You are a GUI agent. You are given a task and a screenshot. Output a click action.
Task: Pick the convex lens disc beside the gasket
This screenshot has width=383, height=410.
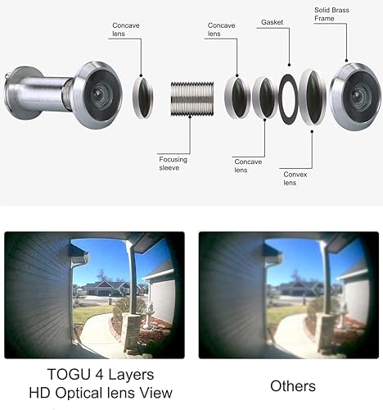tap(313, 97)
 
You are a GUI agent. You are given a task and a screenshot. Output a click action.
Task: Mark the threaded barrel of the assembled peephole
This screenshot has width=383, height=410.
tap(45, 89)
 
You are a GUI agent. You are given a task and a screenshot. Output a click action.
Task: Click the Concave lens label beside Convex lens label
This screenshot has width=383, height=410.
tap(247, 166)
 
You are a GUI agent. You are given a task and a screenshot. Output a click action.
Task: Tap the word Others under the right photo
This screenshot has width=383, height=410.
tap(292, 385)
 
